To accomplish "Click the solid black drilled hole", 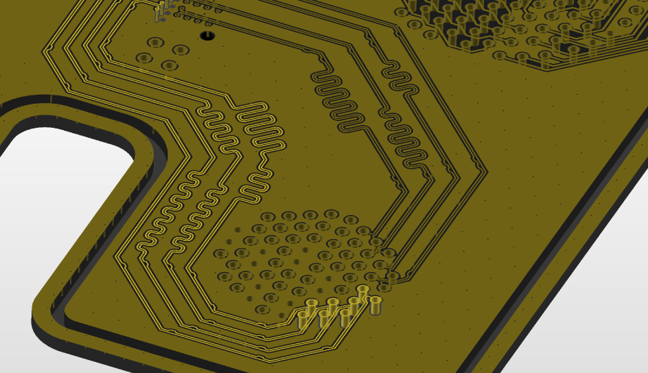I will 207,35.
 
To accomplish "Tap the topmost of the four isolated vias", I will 155,43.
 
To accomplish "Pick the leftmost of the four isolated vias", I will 143,58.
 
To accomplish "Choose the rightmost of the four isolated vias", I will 181,50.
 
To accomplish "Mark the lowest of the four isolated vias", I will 168,66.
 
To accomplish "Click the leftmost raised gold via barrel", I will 303,319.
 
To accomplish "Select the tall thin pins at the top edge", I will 162,10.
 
